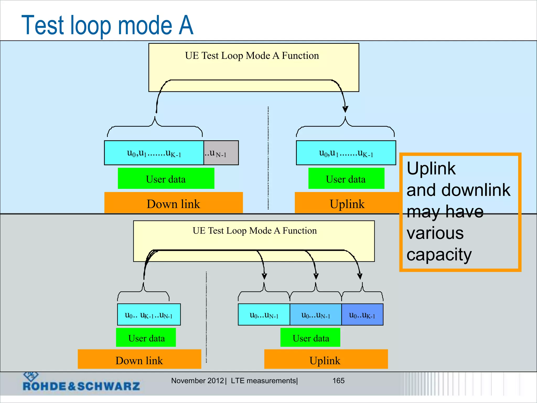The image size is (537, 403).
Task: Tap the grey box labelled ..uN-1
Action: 221,153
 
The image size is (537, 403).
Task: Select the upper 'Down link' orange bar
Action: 173,204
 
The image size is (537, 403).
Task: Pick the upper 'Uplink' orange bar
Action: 347,204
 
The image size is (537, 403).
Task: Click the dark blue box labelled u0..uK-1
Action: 362,315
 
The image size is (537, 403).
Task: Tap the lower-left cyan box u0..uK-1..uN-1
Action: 149,315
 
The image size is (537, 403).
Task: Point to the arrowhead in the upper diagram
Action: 345,109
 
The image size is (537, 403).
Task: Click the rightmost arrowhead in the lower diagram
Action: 360,276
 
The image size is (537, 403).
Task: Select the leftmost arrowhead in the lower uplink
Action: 264,276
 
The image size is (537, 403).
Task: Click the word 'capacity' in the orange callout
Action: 439,254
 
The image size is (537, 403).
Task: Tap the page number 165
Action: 338,381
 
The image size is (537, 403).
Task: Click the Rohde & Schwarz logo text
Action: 81,386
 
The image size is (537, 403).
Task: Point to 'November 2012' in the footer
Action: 197,381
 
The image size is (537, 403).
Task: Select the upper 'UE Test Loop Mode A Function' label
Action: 252,56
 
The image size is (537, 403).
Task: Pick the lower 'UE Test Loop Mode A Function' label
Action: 254,231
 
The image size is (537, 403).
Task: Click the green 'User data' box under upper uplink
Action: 346,179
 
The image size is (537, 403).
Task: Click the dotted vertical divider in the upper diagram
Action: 268,157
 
